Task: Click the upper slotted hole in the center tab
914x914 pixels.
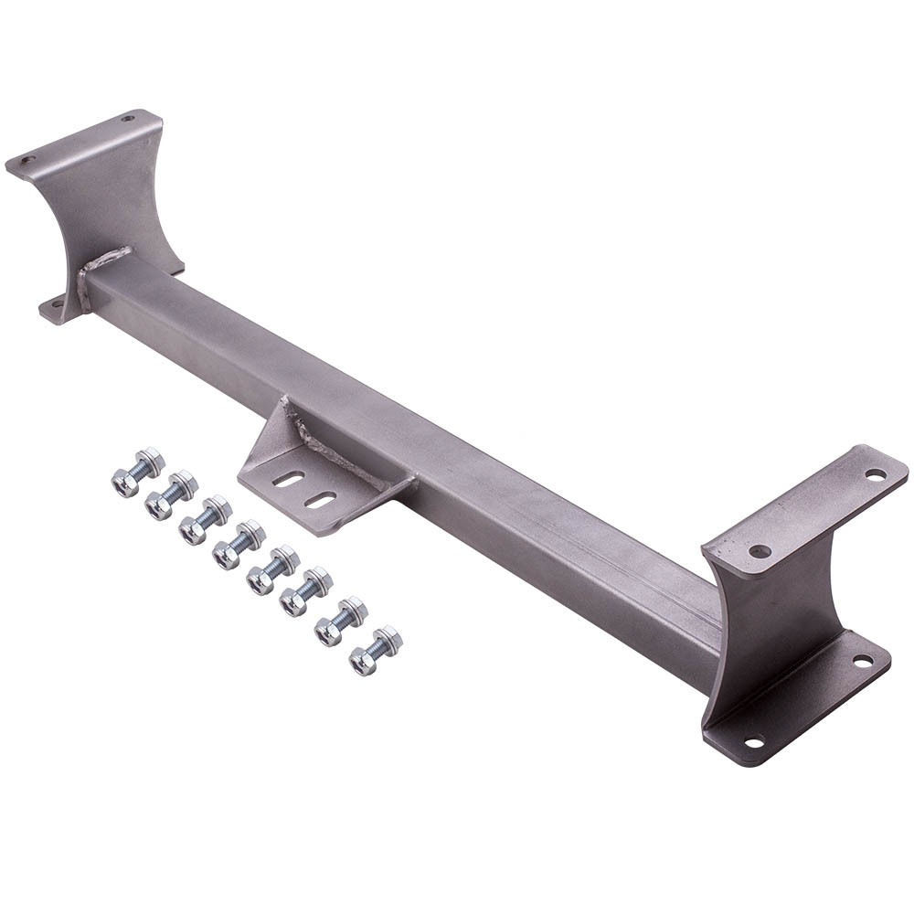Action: [x=290, y=478]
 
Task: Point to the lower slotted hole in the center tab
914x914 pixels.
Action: [x=320, y=499]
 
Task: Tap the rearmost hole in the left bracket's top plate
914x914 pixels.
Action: [x=127, y=119]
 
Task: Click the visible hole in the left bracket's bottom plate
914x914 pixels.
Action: [x=57, y=303]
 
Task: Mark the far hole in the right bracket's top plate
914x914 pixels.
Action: [x=875, y=474]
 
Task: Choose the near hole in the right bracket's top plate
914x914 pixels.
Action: [x=760, y=551]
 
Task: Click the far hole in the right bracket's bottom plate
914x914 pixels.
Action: [x=861, y=660]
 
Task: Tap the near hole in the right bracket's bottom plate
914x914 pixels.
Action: [x=753, y=739]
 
